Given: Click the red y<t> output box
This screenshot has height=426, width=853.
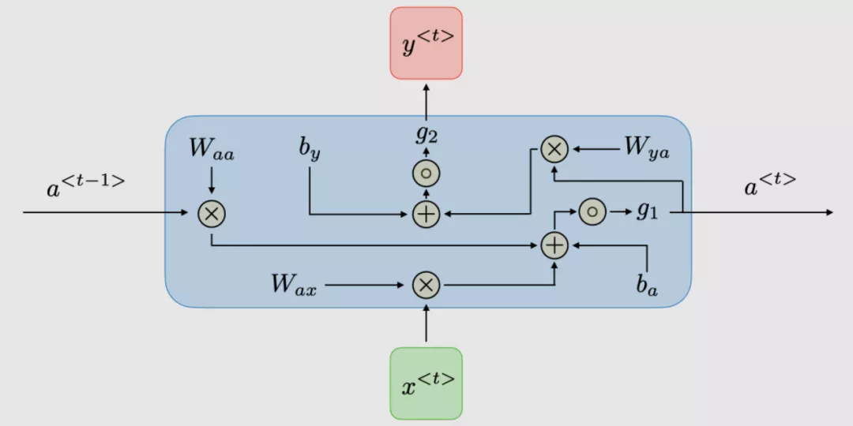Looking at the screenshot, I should click(x=426, y=43).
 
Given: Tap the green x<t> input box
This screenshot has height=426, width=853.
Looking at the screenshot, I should click(x=426, y=383).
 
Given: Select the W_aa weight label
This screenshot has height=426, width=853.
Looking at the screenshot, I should click(x=212, y=150).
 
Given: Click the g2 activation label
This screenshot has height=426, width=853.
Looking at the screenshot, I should click(x=426, y=134).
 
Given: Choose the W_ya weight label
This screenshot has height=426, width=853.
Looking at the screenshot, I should click(x=646, y=148).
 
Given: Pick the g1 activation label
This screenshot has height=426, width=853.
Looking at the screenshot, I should click(x=648, y=211).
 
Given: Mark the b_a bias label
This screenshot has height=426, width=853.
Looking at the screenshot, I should click(x=648, y=285).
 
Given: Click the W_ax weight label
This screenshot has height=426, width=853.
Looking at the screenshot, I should click(x=294, y=285).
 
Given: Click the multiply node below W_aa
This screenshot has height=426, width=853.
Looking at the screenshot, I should click(x=212, y=213).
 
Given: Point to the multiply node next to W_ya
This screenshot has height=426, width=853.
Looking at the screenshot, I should click(x=555, y=148).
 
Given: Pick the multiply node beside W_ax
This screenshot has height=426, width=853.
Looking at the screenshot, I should click(x=426, y=285).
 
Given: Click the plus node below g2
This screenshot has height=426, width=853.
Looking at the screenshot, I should click(x=426, y=213).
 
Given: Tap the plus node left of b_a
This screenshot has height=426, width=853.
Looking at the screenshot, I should click(x=555, y=246).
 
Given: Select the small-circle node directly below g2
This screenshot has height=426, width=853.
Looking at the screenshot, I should click(x=426, y=174).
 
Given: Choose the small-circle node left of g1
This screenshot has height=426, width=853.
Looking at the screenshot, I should click(x=592, y=211).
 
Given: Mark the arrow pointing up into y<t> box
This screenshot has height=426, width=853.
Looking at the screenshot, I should click(x=426, y=99).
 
